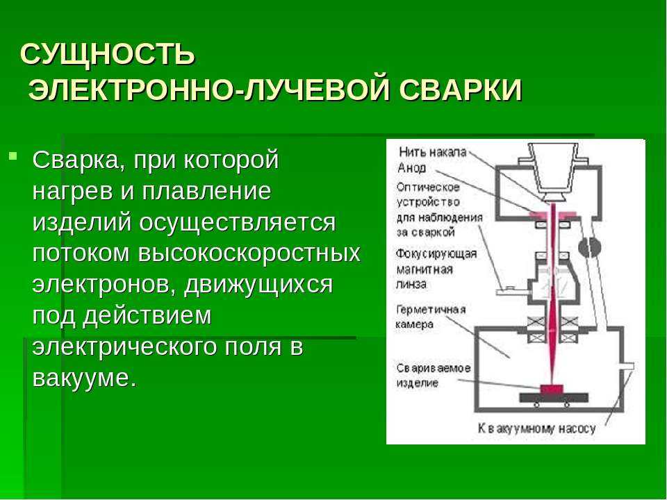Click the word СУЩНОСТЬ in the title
[x=108, y=54]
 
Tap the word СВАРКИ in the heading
[x=460, y=90]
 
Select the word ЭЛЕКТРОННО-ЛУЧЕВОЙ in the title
[x=209, y=90]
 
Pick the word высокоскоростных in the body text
[x=249, y=253]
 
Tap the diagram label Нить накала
[x=433, y=152]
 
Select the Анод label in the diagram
[x=412, y=168]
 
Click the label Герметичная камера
[x=431, y=317]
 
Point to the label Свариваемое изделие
[x=434, y=375]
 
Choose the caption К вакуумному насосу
[x=536, y=428]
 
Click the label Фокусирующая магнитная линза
[x=436, y=269]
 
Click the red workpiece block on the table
[x=552, y=389]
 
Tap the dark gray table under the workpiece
[x=554, y=398]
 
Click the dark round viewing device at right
[x=589, y=247]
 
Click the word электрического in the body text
[x=125, y=347]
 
